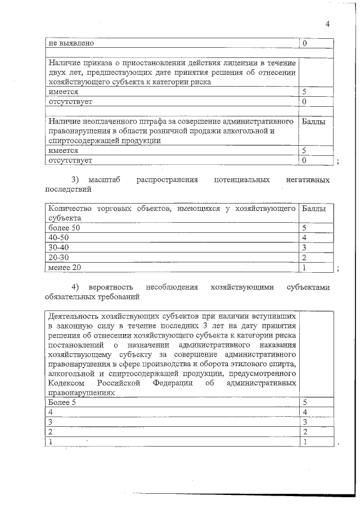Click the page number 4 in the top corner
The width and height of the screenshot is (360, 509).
pos(327,24)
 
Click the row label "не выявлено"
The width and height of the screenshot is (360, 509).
pos(70,43)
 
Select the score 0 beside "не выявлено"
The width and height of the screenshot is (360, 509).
pos(304,43)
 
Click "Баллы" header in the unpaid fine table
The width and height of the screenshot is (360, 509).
pos(313,121)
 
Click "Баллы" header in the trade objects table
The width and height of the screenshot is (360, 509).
pos(313,209)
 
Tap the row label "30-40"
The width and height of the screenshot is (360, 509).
pos(58,247)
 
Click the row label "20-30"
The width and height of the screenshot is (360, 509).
pos(58,257)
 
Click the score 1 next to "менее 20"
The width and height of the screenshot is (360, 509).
pos(304,267)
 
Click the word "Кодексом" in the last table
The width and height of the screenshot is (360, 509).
pos(68,382)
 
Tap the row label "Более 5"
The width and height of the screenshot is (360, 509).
pos(62,402)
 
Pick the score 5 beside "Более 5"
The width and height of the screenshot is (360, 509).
pos(305,402)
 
